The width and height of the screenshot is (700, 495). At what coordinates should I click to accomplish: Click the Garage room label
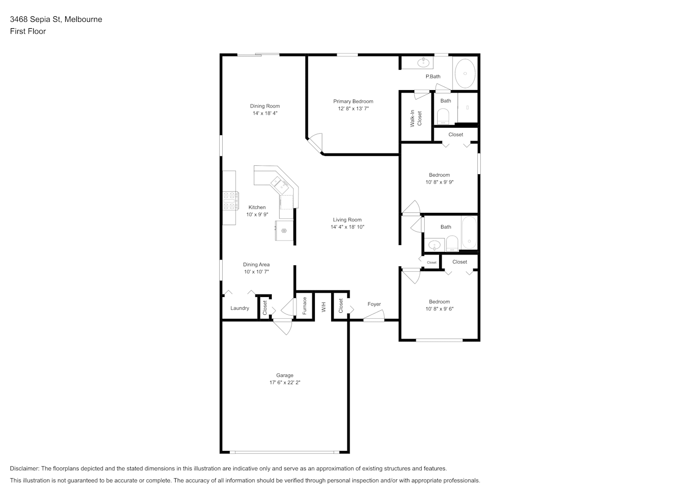tap(284, 375)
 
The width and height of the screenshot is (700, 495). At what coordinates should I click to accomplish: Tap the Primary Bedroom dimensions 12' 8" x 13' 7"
tap(353, 108)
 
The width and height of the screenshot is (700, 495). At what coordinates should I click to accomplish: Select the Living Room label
tap(347, 220)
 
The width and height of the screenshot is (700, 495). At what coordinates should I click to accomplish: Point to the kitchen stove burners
tap(231, 200)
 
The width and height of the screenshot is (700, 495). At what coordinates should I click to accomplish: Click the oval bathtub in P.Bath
tap(465, 73)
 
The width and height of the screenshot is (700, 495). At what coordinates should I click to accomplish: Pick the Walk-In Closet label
tap(416, 118)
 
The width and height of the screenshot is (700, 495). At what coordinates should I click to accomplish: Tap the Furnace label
tap(304, 305)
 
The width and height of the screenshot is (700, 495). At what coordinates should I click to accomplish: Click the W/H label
tap(324, 307)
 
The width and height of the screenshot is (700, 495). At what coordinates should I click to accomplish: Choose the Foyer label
tap(374, 304)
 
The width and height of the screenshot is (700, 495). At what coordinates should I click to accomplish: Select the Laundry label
tap(240, 308)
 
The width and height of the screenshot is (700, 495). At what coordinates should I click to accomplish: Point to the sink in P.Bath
tap(423, 62)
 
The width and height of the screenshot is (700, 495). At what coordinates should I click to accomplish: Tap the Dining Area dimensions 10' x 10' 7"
tap(256, 272)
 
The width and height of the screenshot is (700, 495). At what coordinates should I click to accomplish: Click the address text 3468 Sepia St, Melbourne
tap(56, 19)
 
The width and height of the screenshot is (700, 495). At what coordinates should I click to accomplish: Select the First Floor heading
tap(28, 31)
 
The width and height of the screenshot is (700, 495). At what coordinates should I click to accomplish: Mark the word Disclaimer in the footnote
tap(25, 468)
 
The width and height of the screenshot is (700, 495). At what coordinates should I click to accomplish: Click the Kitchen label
tap(257, 207)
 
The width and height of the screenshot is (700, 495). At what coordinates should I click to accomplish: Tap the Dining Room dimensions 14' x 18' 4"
tap(265, 113)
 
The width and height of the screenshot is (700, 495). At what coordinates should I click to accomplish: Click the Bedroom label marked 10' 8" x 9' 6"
tap(440, 301)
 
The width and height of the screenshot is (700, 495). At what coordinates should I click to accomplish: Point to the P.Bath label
tap(433, 76)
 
